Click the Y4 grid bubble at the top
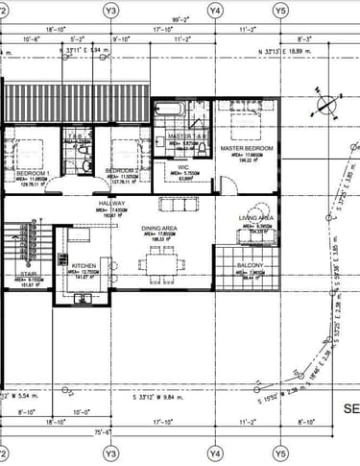click(215, 10)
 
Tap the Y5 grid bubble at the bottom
click(280, 452)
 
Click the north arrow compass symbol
click(326, 104)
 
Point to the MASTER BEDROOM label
click(247, 149)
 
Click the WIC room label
click(182, 166)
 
